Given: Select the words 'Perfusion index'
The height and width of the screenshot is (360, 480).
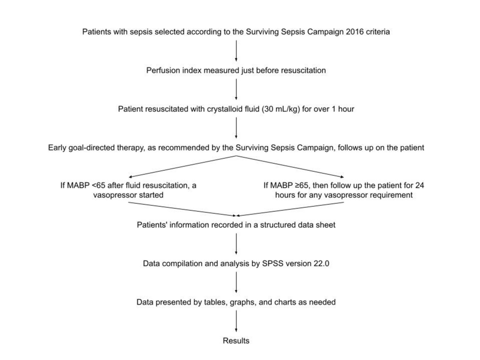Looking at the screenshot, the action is [174, 71].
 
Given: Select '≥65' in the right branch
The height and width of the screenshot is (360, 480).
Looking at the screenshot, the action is [303, 186].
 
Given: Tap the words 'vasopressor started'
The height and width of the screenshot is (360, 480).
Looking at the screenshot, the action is [128, 195].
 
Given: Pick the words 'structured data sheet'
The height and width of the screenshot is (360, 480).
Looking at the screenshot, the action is [298, 225].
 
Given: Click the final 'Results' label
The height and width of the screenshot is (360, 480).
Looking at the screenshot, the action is [236, 341].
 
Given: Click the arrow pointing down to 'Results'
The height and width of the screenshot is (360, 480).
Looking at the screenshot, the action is [236, 321].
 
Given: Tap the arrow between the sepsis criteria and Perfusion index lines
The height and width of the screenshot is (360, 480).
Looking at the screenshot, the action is [236, 51].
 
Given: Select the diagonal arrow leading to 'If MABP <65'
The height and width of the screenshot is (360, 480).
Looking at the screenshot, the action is [183, 166].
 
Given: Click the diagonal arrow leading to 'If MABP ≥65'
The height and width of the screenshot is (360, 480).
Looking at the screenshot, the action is [290, 166].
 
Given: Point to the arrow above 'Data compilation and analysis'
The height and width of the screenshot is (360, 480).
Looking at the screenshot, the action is [236, 244].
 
